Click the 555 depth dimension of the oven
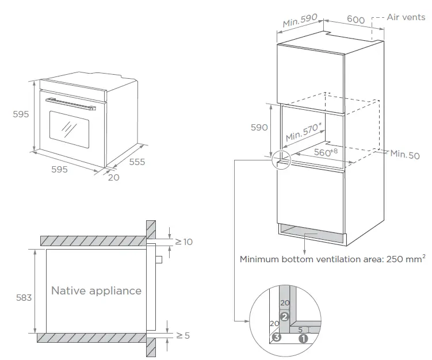click(x=137, y=162)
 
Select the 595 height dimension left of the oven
click(x=21, y=114)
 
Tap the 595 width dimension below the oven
click(x=60, y=169)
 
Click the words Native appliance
click(x=96, y=290)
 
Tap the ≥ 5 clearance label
click(x=182, y=335)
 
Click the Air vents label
click(x=406, y=18)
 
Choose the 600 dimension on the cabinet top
click(x=356, y=20)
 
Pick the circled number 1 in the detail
click(x=303, y=339)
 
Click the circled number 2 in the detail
click(x=284, y=316)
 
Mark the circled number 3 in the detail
click(x=277, y=338)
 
